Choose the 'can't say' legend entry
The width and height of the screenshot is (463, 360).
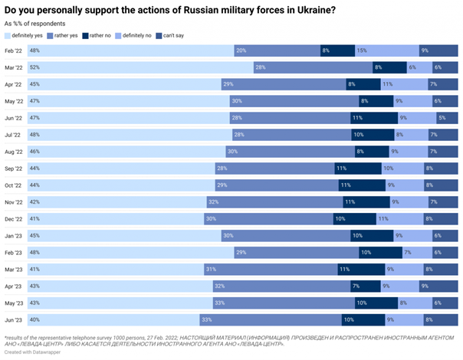click(169, 35)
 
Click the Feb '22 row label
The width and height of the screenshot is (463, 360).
click(13, 50)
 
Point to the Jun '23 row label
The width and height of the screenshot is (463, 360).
click(13, 319)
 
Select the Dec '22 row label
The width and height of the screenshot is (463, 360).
click(13, 218)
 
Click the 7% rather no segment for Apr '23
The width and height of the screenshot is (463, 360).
click(365, 285)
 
